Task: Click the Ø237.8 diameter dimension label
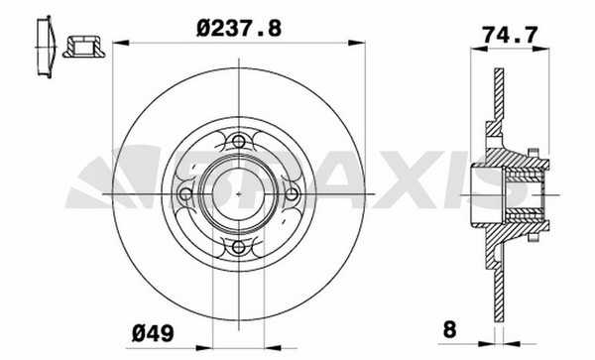point(239,29)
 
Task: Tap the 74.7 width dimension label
point(510,36)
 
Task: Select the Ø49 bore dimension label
point(153,333)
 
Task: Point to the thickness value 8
point(449,329)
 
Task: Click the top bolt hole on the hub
point(238,142)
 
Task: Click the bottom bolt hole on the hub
point(238,247)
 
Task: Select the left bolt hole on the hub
point(185,194)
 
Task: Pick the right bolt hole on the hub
point(292,194)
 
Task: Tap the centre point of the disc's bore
point(238,194)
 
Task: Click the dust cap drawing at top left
point(46,47)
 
